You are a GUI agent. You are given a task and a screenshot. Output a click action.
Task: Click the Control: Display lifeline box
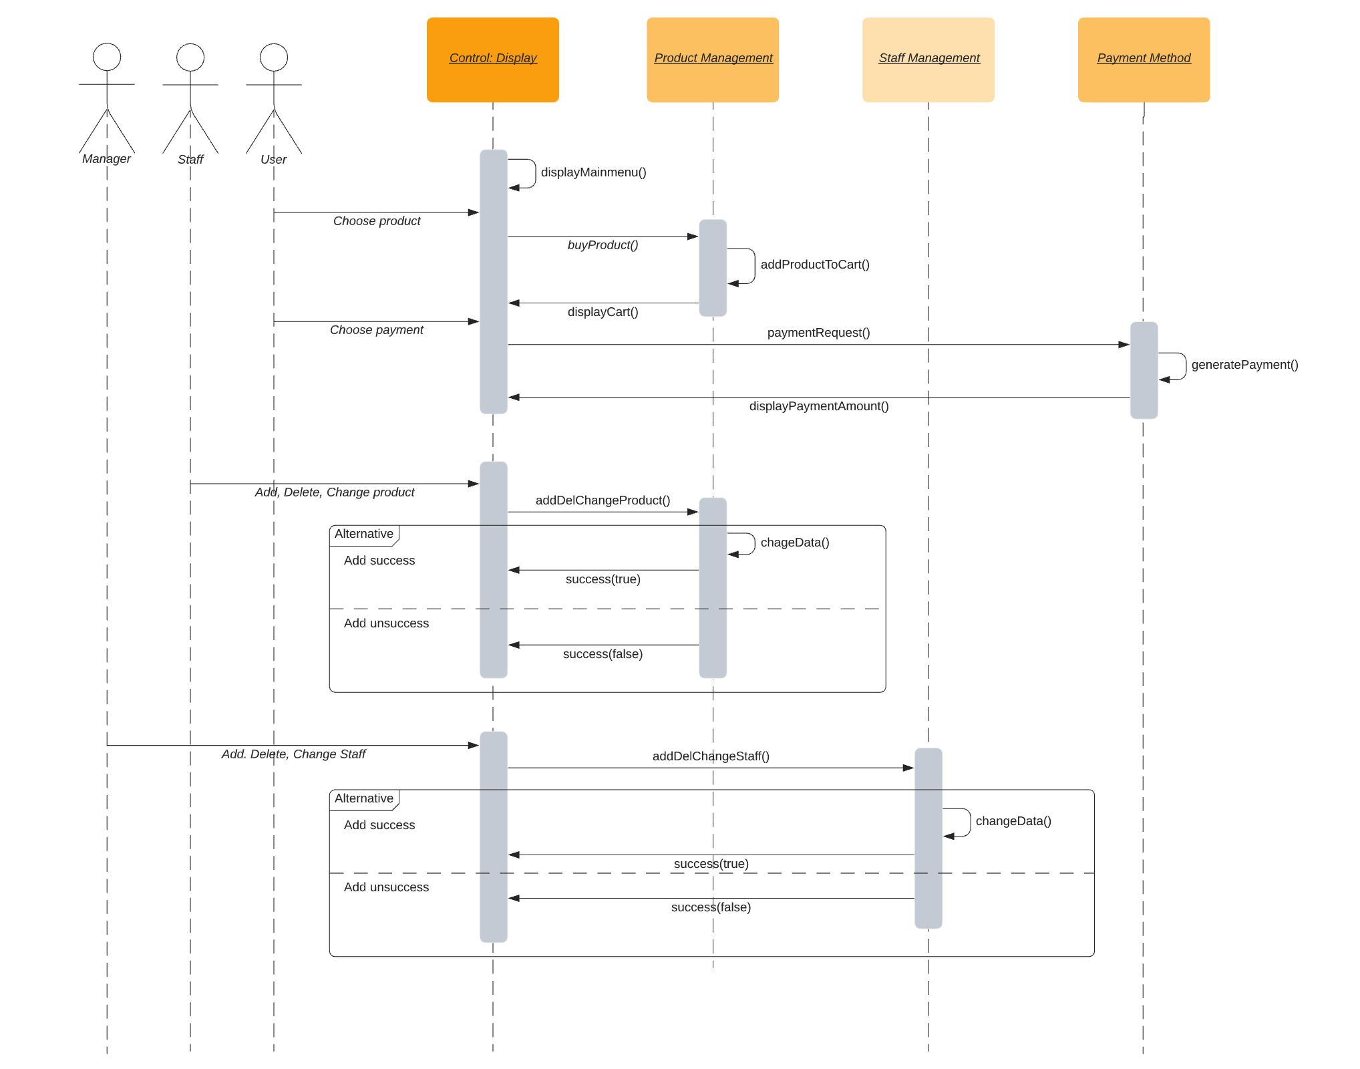point(492,59)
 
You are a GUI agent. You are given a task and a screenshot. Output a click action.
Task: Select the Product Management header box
point(712,59)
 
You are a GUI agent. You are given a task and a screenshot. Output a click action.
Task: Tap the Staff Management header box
point(928,59)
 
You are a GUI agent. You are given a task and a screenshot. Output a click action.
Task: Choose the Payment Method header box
point(1143,59)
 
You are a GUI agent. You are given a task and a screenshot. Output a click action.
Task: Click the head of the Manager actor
point(107,57)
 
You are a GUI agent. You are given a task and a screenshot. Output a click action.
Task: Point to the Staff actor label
point(190,160)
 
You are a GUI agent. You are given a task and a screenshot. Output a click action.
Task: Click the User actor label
point(273,160)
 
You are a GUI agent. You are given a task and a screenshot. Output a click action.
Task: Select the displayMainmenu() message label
point(593,172)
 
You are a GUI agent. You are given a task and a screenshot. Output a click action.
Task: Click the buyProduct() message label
point(603,245)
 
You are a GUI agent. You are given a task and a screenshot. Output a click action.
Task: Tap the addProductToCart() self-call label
point(814,265)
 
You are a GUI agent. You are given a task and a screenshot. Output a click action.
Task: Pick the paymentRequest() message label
point(818,333)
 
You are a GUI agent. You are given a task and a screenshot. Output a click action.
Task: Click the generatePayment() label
point(1244,365)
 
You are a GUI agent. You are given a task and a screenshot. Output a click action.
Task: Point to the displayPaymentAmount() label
point(818,406)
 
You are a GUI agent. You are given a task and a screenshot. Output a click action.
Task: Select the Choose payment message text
point(376,330)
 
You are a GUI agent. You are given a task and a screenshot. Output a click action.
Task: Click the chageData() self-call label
point(794,543)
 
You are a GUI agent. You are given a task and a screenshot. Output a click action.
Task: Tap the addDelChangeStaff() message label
point(711,756)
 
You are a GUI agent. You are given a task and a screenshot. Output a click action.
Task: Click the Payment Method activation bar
point(1144,370)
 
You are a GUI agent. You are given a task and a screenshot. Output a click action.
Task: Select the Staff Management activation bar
point(928,838)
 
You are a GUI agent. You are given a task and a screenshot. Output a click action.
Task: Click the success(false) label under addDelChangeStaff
point(711,907)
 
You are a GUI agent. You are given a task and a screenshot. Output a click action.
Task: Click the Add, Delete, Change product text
point(334,492)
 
